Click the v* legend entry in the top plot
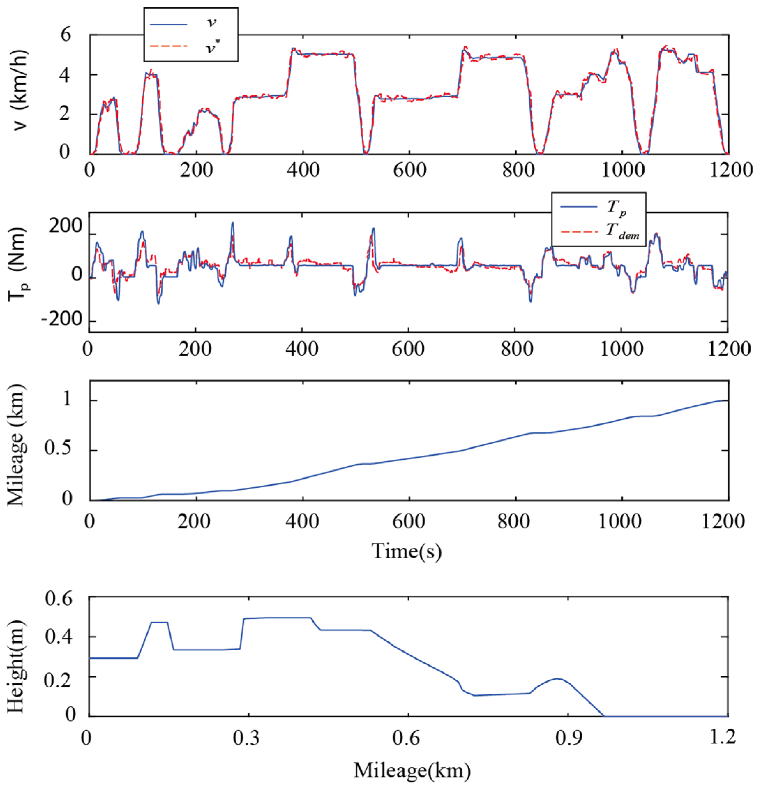coord(189,47)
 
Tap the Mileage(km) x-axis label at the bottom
coord(412,770)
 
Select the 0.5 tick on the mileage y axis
coord(59,450)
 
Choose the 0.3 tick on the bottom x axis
coord(246,737)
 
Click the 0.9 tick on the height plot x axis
coord(568,737)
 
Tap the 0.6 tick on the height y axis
coord(59,599)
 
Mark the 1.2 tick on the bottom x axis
coord(724,737)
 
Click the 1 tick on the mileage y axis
coord(67,399)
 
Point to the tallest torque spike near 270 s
coord(232,223)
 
